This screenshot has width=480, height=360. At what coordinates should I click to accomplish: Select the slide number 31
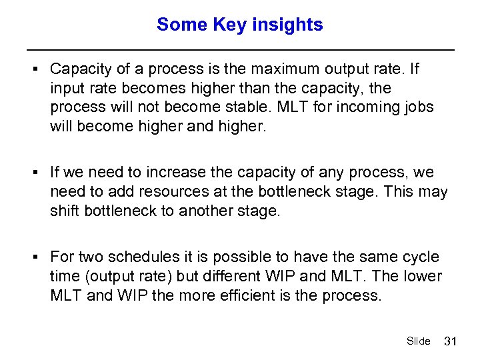[450, 341]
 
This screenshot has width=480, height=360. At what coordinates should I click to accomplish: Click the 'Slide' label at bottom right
[418, 341]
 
